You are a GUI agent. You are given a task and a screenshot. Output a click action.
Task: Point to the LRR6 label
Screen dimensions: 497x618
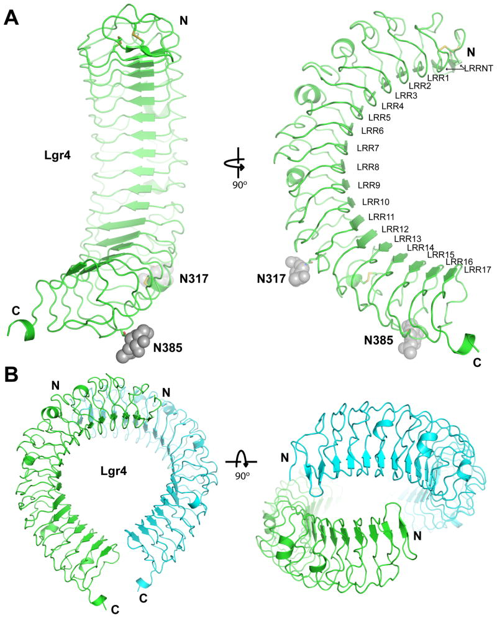point(372,131)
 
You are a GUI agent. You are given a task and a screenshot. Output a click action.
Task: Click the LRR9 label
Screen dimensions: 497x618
point(369,185)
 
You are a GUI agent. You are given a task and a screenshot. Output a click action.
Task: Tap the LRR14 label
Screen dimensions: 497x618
point(420,247)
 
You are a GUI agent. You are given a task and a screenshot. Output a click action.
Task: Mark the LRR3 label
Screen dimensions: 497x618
point(406,96)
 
